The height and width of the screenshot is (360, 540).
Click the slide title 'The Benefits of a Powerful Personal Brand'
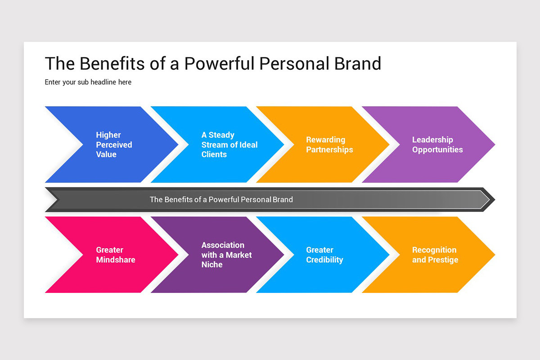pyautogui.click(x=213, y=63)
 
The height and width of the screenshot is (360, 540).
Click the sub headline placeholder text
pyautogui.click(x=88, y=82)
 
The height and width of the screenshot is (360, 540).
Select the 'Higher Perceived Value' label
pyautogui.click(x=114, y=144)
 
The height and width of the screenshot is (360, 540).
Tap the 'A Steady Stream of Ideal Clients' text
pyautogui.click(x=229, y=144)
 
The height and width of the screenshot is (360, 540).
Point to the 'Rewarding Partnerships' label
pyautogui.click(x=329, y=144)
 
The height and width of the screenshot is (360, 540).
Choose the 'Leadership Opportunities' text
pyautogui.click(x=437, y=144)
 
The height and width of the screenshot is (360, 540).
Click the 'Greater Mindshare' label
pyautogui.click(x=116, y=255)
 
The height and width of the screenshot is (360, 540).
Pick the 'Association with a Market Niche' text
pyautogui.click(x=226, y=255)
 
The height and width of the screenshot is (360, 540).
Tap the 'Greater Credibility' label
pyautogui.click(x=324, y=255)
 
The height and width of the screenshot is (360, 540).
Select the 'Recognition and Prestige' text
pyautogui.click(x=435, y=255)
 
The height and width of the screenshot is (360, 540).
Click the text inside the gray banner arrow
pyautogui.click(x=221, y=199)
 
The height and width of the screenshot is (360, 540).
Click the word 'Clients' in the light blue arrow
pyautogui.click(x=214, y=154)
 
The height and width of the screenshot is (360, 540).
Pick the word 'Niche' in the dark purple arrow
pyautogui.click(x=212, y=265)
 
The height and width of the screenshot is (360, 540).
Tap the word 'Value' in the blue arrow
pyautogui.click(x=106, y=154)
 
